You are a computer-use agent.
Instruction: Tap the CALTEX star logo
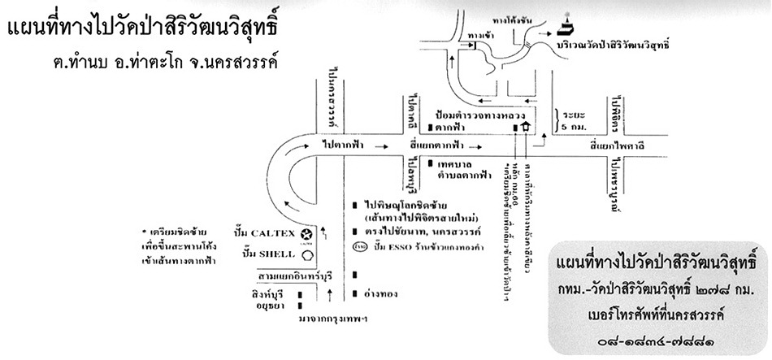pos(307,232)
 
